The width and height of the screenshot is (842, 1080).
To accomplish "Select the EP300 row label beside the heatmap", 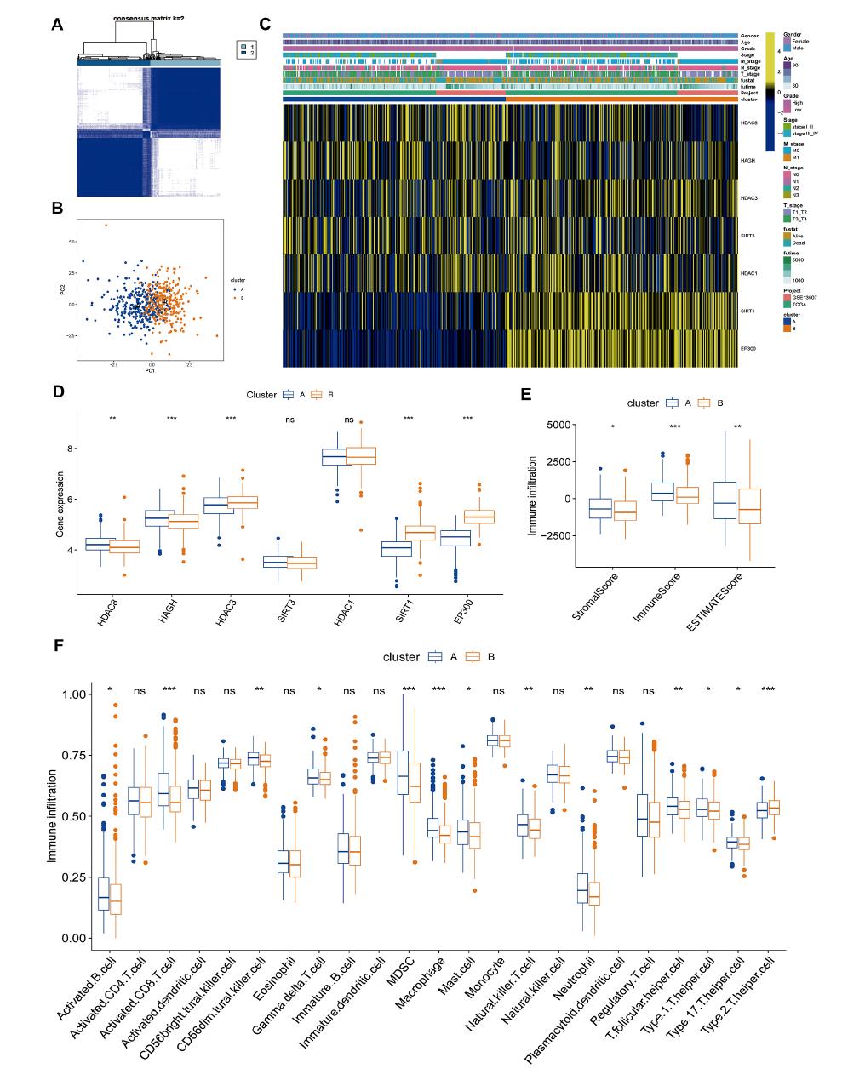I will coord(748,348).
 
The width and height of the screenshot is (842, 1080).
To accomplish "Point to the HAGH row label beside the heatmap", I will coord(748,160).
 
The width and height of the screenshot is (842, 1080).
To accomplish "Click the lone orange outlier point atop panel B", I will coord(106,226).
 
